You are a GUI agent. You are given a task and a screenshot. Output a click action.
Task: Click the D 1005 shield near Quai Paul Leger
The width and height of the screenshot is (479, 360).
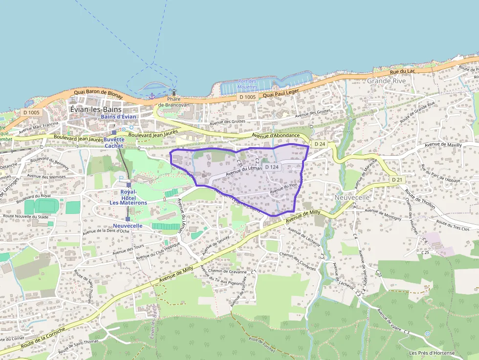point(248,97)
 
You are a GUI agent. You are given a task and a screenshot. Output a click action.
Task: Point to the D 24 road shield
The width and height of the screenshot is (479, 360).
point(320,144)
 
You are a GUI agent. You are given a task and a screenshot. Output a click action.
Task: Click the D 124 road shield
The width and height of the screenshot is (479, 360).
point(272,167)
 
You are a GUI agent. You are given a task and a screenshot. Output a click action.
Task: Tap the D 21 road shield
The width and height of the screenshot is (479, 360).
point(397,180)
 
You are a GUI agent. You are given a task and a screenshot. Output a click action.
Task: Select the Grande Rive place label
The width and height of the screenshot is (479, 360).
point(386,81)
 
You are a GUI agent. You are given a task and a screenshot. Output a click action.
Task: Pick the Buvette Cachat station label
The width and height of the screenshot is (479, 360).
point(114,142)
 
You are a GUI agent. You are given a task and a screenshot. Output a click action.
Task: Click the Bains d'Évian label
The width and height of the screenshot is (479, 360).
point(119,117)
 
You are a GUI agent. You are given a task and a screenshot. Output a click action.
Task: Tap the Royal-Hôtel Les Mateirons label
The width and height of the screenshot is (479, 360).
point(128,197)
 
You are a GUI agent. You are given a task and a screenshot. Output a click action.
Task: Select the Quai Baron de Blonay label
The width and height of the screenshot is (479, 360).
point(98,93)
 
